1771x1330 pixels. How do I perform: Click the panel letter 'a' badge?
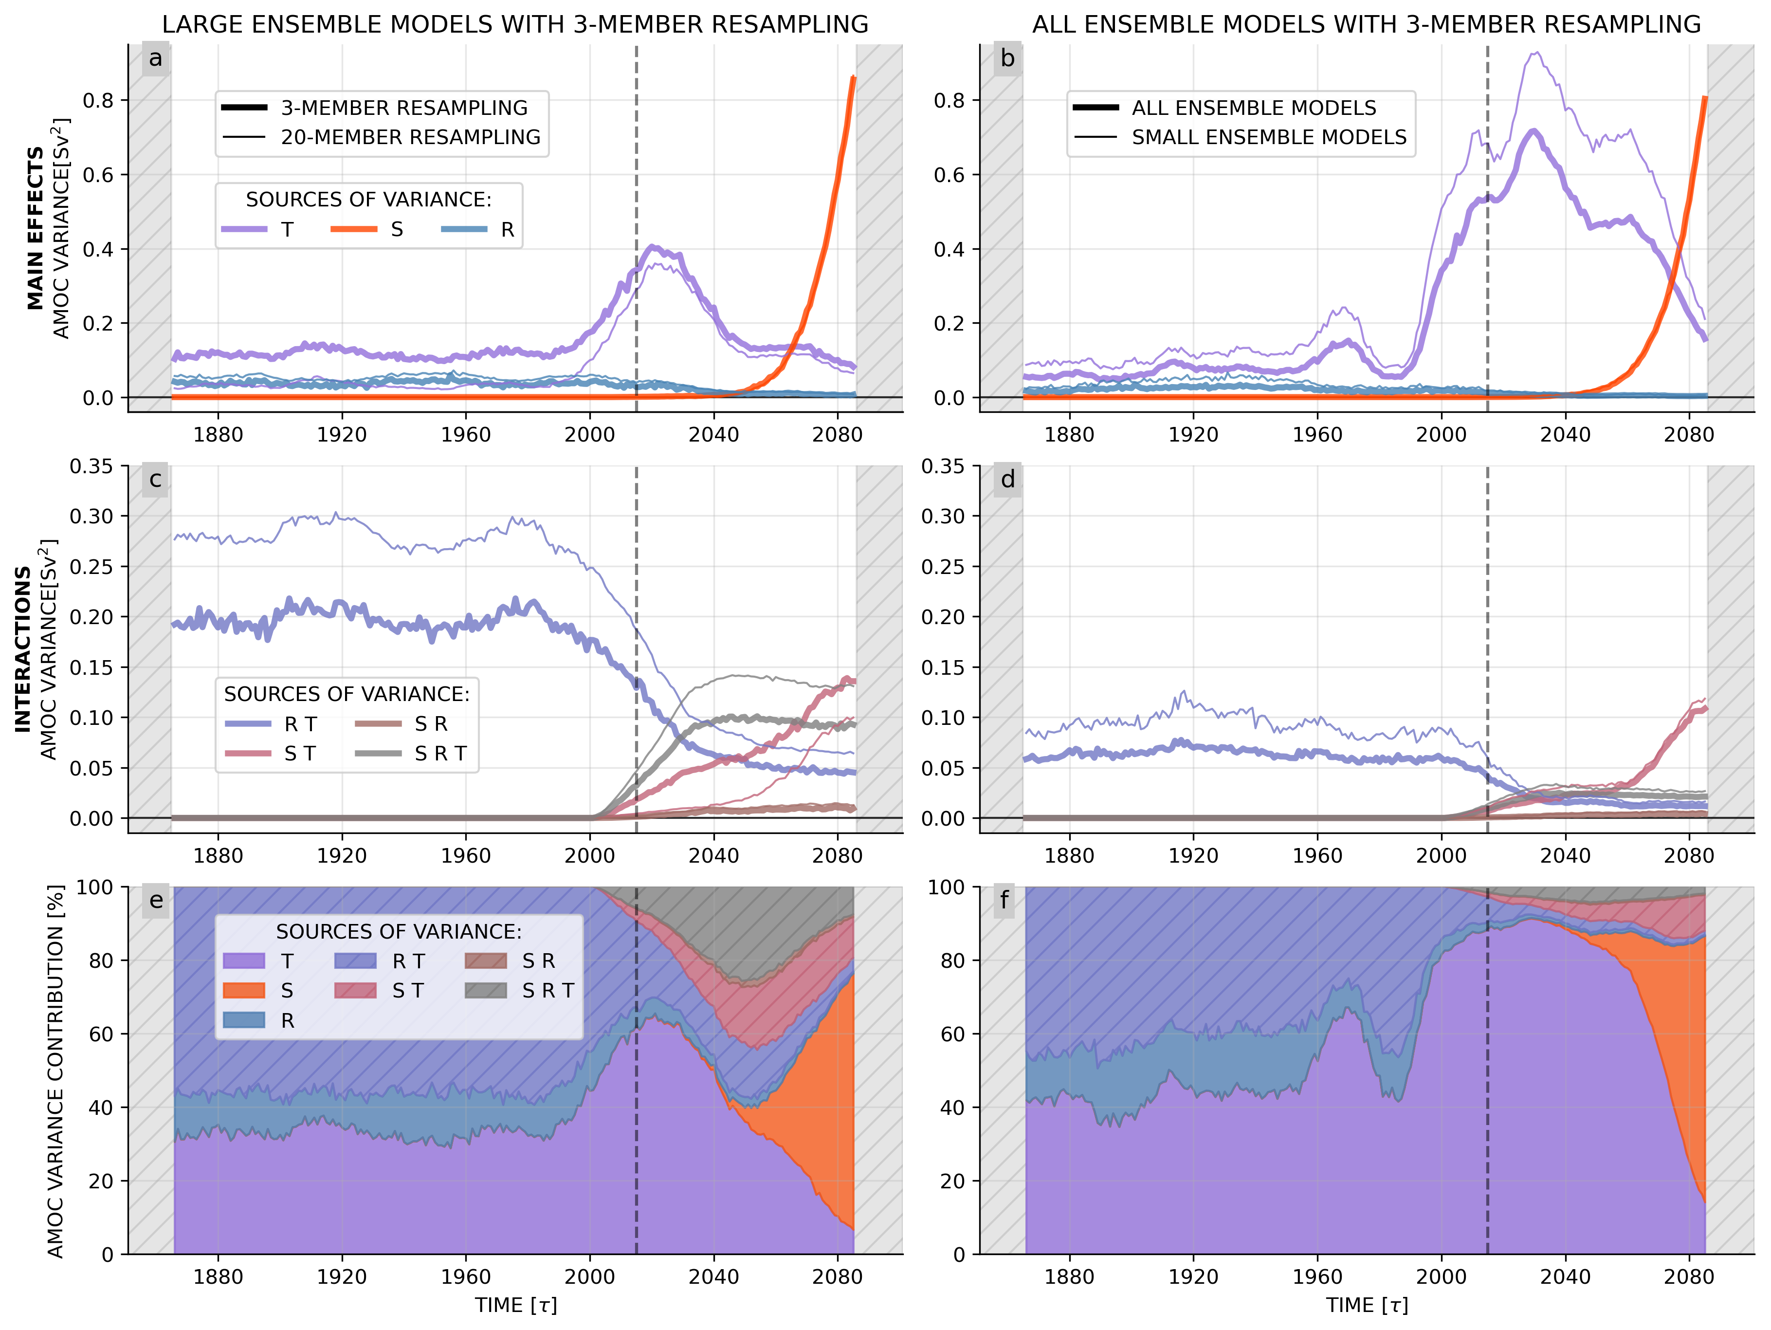click(155, 58)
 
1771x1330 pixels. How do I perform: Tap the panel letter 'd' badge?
click(1007, 480)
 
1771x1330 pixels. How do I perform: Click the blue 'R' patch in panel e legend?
click(243, 1020)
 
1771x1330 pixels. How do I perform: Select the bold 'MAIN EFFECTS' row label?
click(35, 228)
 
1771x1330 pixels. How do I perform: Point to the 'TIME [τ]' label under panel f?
click(1366, 1305)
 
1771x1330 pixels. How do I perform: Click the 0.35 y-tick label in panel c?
click(91, 466)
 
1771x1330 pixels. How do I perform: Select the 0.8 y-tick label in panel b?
click(949, 101)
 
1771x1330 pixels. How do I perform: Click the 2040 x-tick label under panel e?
click(713, 1276)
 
